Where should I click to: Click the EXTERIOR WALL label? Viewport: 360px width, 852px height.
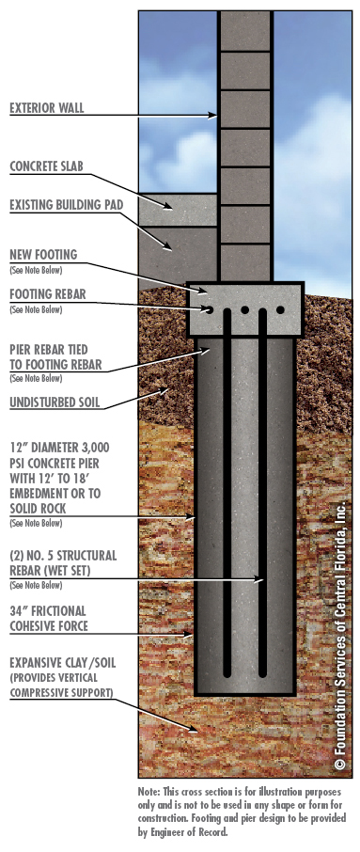[x=47, y=108]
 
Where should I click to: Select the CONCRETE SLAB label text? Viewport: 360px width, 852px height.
[x=47, y=166]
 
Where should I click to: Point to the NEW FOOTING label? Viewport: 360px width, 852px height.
[x=43, y=254]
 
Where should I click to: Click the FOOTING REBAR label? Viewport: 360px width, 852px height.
[x=47, y=294]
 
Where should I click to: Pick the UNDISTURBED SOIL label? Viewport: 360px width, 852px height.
[x=55, y=405]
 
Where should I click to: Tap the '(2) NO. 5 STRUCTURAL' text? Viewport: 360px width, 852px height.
[x=63, y=556]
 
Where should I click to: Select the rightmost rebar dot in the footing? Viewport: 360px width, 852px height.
[x=281, y=308]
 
